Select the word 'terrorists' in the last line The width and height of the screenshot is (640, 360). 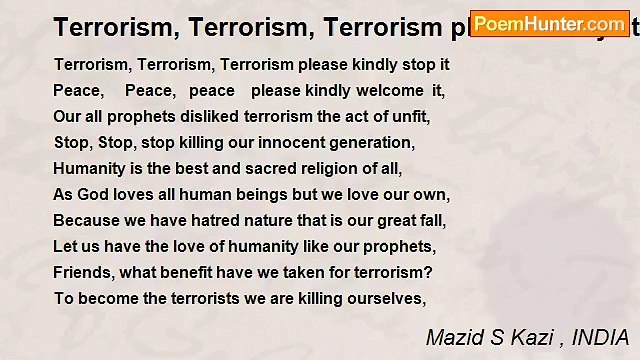tap(203, 298)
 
